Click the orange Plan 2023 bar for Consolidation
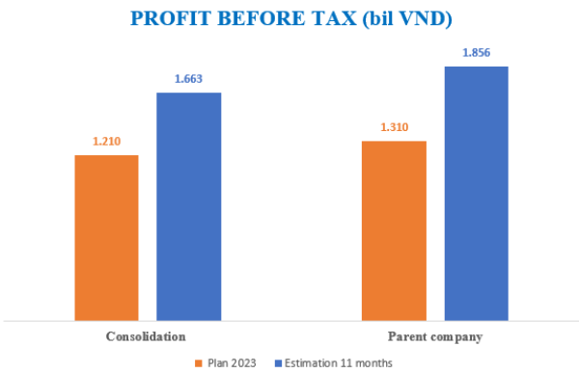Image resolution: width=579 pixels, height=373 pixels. (x=106, y=236)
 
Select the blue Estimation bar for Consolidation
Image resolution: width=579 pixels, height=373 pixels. (x=189, y=205)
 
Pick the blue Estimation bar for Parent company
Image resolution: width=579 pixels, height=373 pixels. (x=476, y=192)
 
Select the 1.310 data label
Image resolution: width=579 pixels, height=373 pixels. (x=393, y=127)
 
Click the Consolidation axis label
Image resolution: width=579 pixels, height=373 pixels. (x=146, y=336)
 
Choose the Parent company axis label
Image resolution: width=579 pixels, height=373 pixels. (x=434, y=336)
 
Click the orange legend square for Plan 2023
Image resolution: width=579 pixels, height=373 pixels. (x=200, y=362)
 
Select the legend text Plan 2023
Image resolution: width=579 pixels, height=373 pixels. (x=232, y=362)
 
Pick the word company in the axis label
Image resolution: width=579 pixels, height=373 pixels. (x=455, y=336)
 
